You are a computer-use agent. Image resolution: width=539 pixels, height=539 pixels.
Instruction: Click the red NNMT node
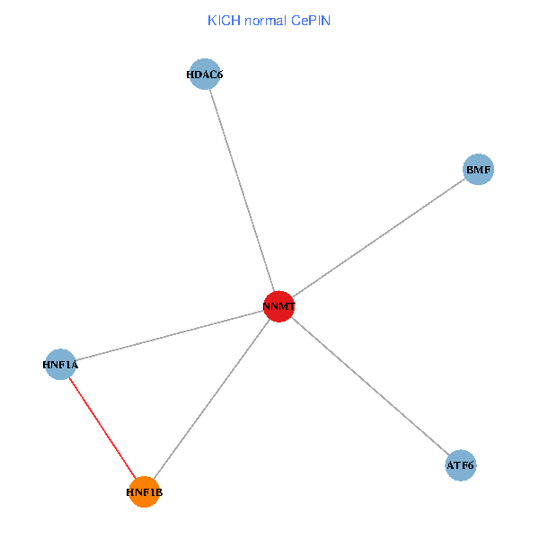coord(279,306)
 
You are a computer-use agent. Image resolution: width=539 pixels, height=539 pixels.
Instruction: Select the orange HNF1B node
coord(144,492)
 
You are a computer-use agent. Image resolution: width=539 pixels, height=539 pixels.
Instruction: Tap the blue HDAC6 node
coord(205,75)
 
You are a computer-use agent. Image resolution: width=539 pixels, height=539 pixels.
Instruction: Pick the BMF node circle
coord(479,169)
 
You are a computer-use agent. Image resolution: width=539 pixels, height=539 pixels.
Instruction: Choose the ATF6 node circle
coord(461,465)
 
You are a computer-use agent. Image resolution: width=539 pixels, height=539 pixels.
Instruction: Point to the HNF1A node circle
coord(60,365)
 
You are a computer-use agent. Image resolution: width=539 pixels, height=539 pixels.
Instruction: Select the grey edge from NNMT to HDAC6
coord(242,190)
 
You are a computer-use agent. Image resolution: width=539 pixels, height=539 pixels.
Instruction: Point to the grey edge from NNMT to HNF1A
coord(170,335)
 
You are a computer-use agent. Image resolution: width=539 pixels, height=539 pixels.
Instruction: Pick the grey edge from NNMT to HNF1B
coord(211,400)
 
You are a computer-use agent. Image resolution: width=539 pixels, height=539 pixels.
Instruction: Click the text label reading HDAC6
coord(205,75)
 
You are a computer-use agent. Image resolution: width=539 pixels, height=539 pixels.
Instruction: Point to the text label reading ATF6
coord(461,465)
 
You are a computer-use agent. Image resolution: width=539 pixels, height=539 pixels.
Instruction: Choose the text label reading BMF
coord(479,169)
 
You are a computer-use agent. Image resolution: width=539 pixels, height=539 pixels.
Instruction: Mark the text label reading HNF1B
coord(144,492)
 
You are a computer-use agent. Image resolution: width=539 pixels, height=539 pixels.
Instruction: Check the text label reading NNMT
coord(279,307)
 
